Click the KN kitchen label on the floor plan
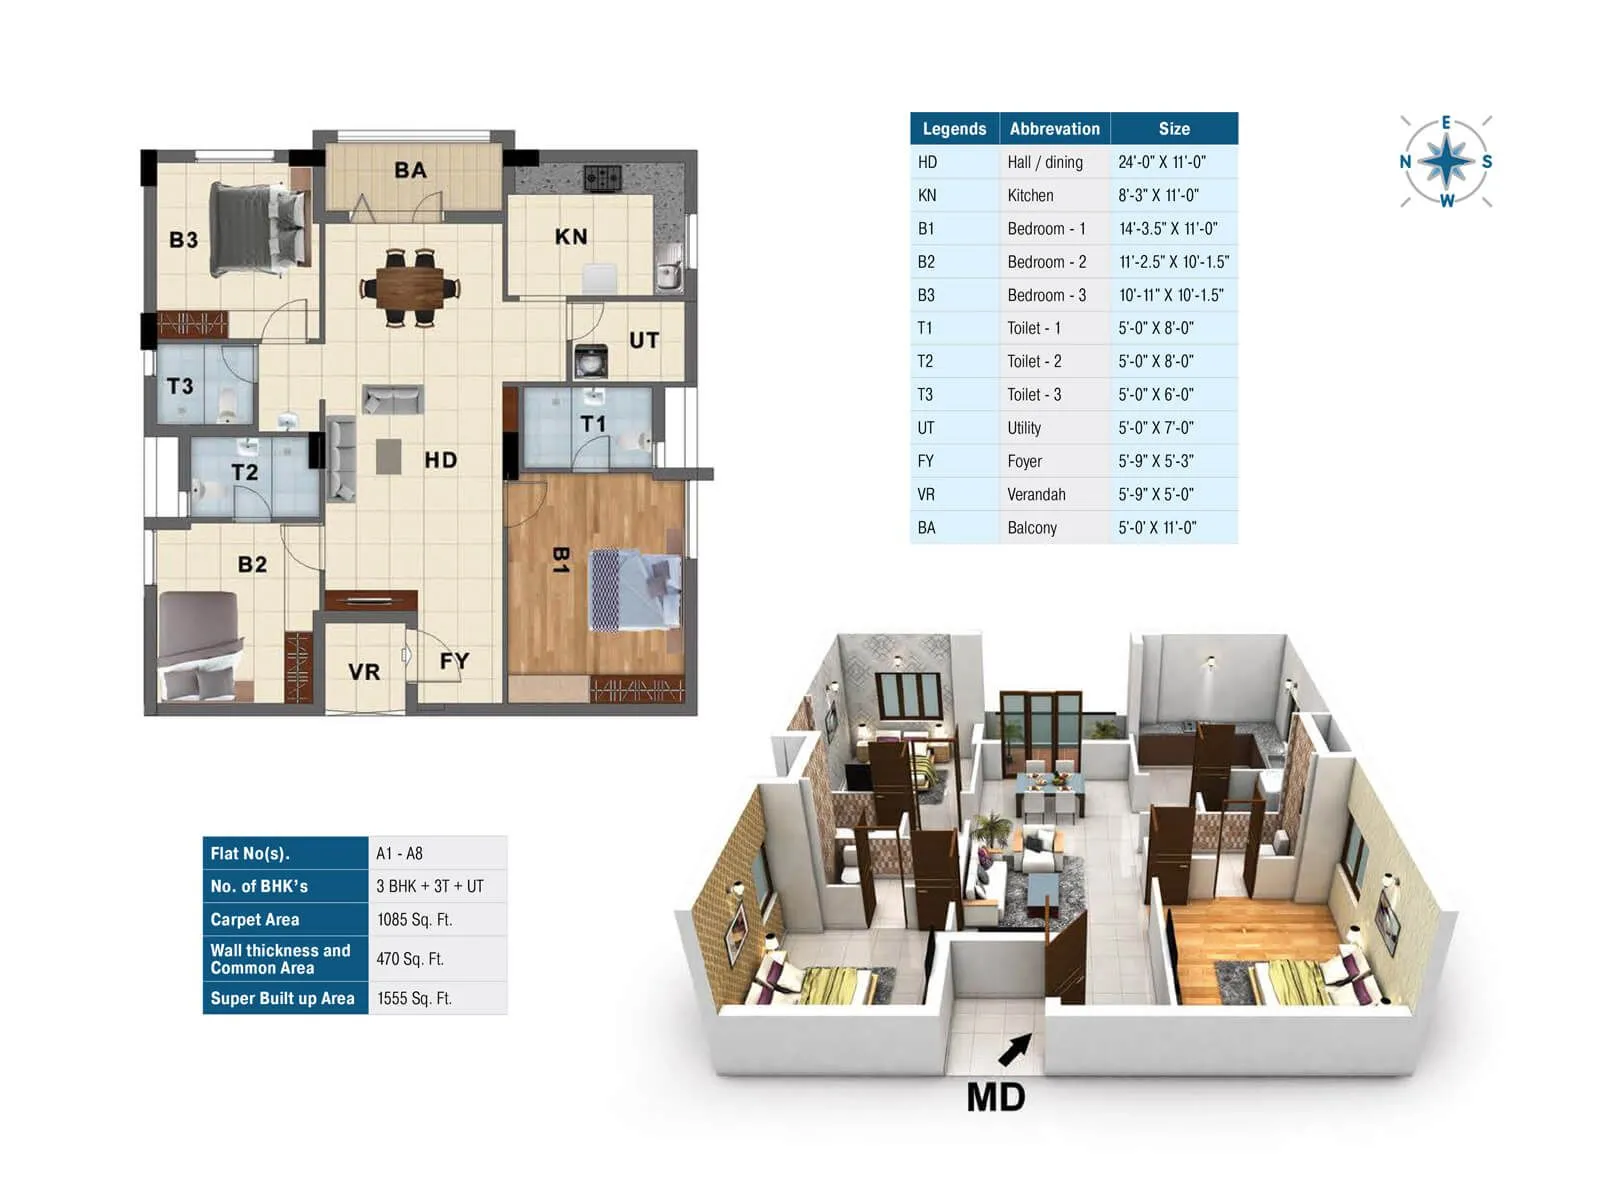click(x=571, y=237)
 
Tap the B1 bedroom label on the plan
click(x=561, y=560)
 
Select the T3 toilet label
click(x=180, y=386)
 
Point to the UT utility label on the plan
click(x=644, y=340)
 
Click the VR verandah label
click(x=364, y=672)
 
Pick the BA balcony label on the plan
click(x=410, y=170)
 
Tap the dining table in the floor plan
click(x=410, y=287)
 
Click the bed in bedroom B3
click(x=258, y=229)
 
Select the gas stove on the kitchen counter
click(x=602, y=178)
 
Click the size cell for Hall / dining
click(x=1162, y=162)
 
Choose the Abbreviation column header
click(x=1054, y=129)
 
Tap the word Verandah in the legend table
click(x=1036, y=494)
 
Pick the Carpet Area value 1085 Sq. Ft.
click(x=414, y=919)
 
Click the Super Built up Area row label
click(x=283, y=998)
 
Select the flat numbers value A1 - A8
click(x=399, y=853)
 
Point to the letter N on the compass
click(x=1406, y=162)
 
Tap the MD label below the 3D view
click(x=996, y=1097)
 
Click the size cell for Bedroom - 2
click(x=1174, y=262)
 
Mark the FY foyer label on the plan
click(x=454, y=661)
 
